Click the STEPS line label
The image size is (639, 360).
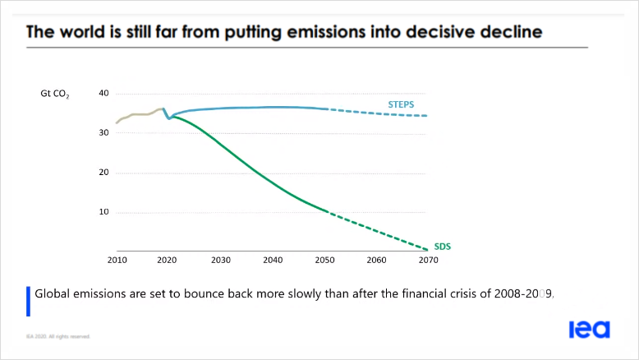401,105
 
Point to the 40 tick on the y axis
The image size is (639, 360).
103,93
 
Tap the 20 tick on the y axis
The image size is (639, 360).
103,173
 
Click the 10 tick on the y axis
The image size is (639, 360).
103,212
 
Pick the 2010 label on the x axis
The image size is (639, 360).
116,261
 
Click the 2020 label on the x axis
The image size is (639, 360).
167,261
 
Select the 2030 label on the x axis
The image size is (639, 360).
219,261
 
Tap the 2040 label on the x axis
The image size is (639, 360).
273,261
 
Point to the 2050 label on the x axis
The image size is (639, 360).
324,261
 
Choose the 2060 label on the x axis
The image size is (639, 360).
376,261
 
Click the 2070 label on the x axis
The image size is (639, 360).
428,261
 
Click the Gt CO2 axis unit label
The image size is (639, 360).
55,95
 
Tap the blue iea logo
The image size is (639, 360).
590,330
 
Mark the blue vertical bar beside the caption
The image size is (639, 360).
29,300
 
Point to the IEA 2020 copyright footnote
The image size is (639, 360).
57,336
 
